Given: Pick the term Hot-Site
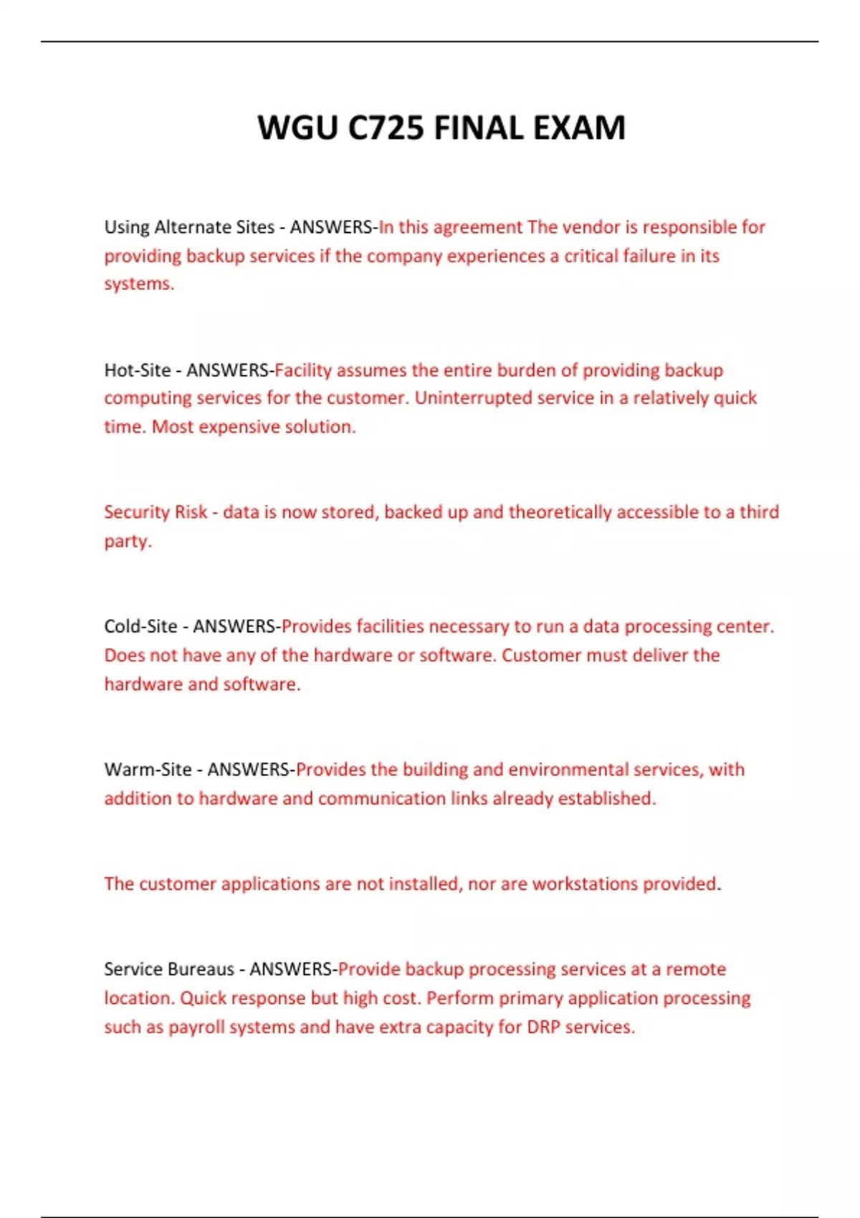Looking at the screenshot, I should (138, 370).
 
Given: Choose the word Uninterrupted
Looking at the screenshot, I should (468, 398).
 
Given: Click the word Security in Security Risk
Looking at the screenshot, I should (135, 512).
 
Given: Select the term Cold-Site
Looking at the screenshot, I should (140, 626).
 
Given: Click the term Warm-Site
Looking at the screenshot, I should (148, 769).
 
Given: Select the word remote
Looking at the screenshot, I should (695, 969).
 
